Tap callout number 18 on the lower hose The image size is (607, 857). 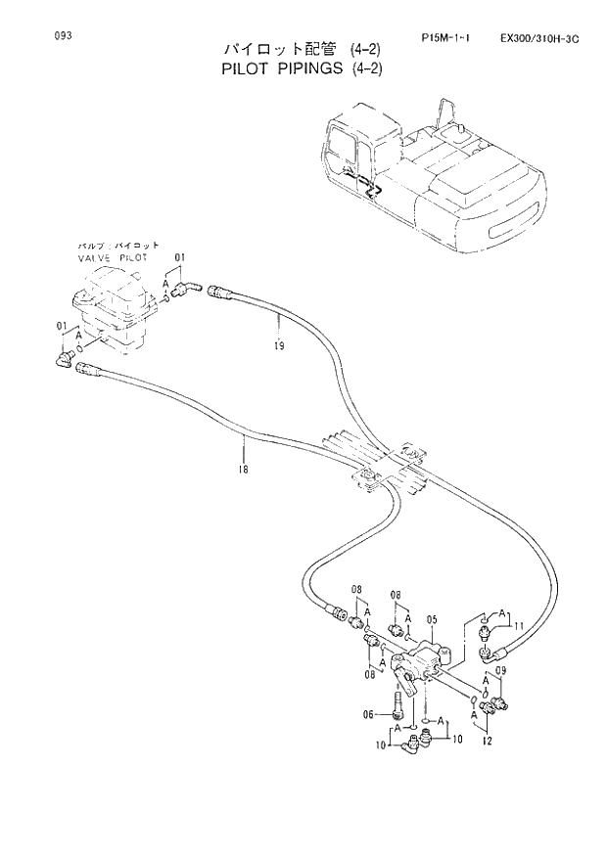[x=243, y=470]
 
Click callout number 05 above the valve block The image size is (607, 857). [x=431, y=620]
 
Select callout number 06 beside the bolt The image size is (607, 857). [x=369, y=714]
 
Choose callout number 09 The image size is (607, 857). [x=500, y=670]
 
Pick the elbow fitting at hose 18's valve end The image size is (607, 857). [x=66, y=361]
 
